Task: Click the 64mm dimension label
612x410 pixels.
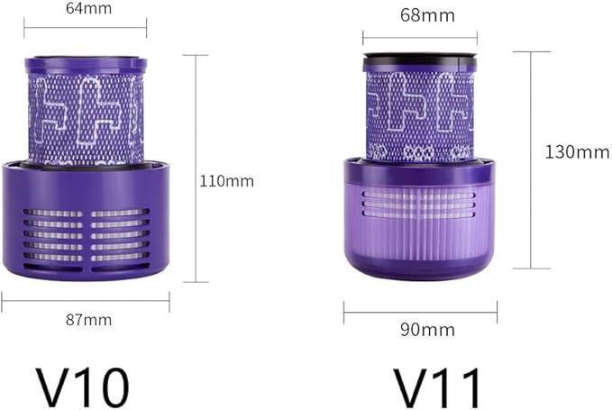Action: (x=88, y=8)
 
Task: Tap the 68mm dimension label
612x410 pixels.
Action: (x=427, y=15)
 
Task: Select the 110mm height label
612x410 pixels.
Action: (x=227, y=181)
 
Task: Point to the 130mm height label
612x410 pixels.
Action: (x=577, y=151)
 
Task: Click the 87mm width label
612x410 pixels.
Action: (x=88, y=320)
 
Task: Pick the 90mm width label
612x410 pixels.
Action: (x=427, y=330)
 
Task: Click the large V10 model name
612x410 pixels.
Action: (x=83, y=387)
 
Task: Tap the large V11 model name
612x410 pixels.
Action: (x=436, y=387)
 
